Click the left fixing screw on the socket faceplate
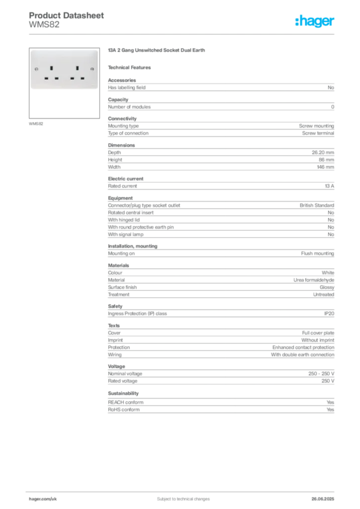click(x=37, y=69)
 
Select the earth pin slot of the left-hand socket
click(x=52, y=68)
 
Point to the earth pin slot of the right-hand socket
click(x=77, y=68)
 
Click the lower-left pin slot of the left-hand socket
click(x=46, y=78)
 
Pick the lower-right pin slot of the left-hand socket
click(x=57, y=78)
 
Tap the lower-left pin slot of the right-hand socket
click(x=72, y=78)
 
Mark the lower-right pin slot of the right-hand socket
click(x=83, y=78)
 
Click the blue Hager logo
click(x=315, y=21)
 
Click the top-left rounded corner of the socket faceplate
click(x=32, y=50)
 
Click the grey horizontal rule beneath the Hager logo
click(x=199, y=34)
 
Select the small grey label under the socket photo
click(x=36, y=123)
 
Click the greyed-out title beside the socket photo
click(x=157, y=51)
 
